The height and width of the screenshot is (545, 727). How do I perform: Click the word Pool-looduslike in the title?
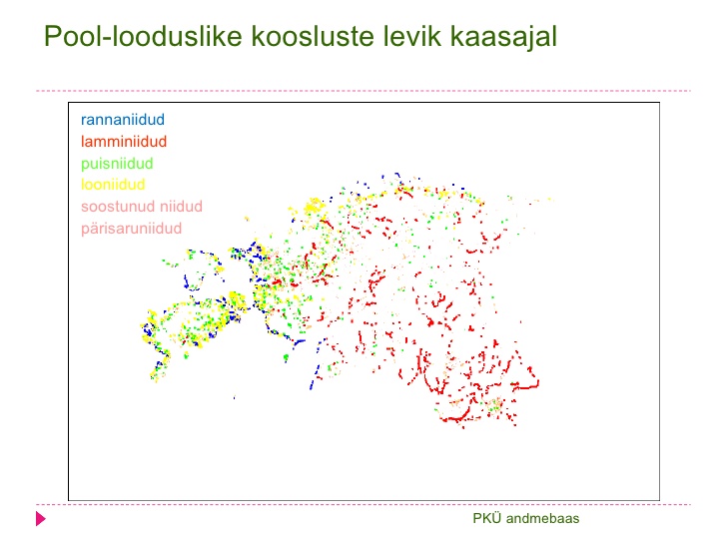143,36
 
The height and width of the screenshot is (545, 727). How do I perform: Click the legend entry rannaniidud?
123,120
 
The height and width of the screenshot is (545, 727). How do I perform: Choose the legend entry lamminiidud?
124,142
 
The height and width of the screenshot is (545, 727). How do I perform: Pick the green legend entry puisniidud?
117,164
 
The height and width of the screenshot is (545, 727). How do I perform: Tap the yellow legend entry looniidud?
113,185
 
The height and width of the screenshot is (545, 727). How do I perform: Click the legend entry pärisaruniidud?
131,229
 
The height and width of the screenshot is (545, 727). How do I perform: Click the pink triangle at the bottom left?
41,519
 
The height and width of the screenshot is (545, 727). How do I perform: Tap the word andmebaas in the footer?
542,518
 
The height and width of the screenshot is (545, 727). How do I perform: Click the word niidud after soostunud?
181,207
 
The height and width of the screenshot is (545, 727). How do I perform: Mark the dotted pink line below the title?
363,91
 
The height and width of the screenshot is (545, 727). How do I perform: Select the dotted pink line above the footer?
363,504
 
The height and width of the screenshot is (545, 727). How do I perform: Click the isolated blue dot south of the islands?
234,397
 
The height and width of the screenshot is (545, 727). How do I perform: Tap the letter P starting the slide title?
52,36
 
